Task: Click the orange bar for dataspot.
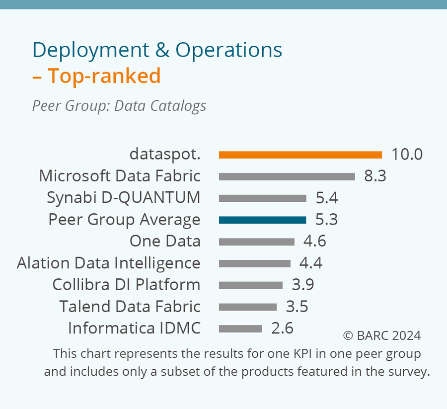pyautogui.click(x=300, y=155)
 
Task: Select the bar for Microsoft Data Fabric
pyautogui.click(x=287, y=176)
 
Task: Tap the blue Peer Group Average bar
pyautogui.click(x=262, y=220)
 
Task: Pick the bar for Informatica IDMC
pyautogui.click(x=240, y=328)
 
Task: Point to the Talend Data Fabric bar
pyautogui.click(x=247, y=307)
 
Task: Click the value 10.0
pyautogui.click(x=407, y=154)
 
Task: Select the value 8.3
pyautogui.click(x=375, y=176)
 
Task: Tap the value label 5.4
pyautogui.click(x=327, y=198)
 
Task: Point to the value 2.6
pyautogui.click(x=282, y=328)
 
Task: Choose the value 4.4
pyautogui.click(x=310, y=263)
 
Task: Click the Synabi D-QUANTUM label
pyautogui.click(x=124, y=198)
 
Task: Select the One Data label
pyautogui.click(x=165, y=242)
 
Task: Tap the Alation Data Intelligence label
pyautogui.click(x=109, y=263)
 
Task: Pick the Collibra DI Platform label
pyautogui.click(x=126, y=285)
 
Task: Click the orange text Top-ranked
pyautogui.click(x=104, y=76)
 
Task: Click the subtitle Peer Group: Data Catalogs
pyautogui.click(x=119, y=106)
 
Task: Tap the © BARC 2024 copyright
pyautogui.click(x=382, y=335)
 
